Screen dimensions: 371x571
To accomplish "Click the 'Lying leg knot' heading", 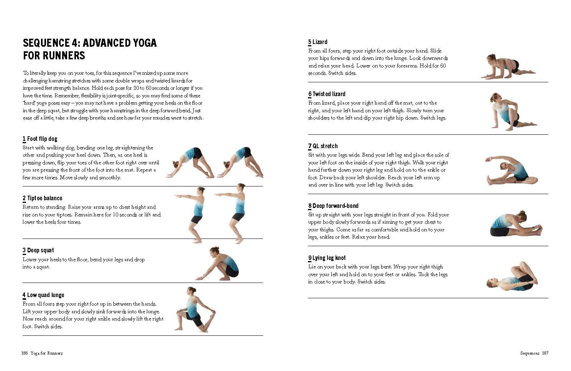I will click(x=329, y=258).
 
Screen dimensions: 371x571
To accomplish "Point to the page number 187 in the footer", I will click(x=545, y=353).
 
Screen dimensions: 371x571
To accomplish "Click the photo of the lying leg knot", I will click(x=512, y=277).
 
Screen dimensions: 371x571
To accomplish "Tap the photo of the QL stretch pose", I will click(x=511, y=170).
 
